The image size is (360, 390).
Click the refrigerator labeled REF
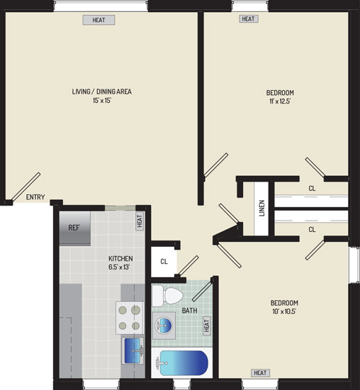(75, 228)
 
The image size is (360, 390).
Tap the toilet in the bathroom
(168, 296)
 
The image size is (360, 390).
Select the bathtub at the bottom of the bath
(181, 363)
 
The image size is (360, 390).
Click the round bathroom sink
(164, 325)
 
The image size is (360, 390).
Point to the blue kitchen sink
(133, 351)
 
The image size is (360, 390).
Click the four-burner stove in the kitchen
(130, 318)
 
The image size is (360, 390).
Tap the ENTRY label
(35, 197)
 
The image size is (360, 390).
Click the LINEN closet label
(261, 208)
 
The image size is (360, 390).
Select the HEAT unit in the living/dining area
(99, 20)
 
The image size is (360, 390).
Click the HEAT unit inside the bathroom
(207, 325)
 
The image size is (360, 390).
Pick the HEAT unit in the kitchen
(140, 221)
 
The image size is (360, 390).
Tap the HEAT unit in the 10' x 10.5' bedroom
(260, 373)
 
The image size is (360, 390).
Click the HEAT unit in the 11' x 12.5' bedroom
(248, 18)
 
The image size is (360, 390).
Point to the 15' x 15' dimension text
(101, 101)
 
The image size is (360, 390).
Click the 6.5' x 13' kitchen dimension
(119, 267)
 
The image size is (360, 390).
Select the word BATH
(189, 311)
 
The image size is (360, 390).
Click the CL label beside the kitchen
(164, 262)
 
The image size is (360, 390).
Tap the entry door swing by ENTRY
(26, 186)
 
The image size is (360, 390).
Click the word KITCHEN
(120, 258)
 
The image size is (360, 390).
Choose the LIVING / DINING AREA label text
(101, 91)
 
